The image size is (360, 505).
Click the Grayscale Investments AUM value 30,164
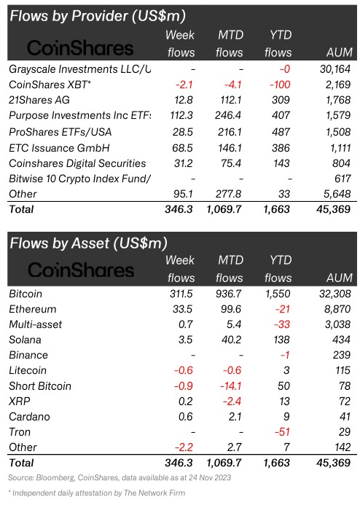click(x=335, y=69)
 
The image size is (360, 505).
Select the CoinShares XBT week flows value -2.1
click(x=184, y=85)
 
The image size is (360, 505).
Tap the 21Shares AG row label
click(x=39, y=100)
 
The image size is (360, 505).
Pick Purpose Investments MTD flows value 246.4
click(x=228, y=115)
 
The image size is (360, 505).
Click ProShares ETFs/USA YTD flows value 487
click(x=281, y=132)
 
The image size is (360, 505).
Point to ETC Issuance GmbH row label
click(x=59, y=148)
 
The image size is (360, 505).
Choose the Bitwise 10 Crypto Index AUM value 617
click(x=343, y=179)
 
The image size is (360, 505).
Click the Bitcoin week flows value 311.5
click(x=181, y=294)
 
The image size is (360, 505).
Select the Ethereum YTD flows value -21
click(x=283, y=309)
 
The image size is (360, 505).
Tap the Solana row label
click(x=25, y=340)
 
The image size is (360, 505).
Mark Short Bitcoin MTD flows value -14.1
click(x=230, y=385)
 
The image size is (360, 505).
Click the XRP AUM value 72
click(x=344, y=402)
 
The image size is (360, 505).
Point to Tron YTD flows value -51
click(x=283, y=432)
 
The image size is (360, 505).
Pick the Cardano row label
click(x=29, y=417)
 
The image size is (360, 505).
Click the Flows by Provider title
click(x=98, y=16)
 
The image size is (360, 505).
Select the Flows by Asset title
click(x=89, y=243)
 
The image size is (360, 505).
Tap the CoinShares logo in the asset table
click(x=81, y=270)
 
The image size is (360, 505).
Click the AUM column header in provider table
click(x=340, y=52)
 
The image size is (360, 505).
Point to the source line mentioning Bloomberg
click(x=120, y=477)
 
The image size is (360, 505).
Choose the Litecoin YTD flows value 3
click(x=286, y=370)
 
